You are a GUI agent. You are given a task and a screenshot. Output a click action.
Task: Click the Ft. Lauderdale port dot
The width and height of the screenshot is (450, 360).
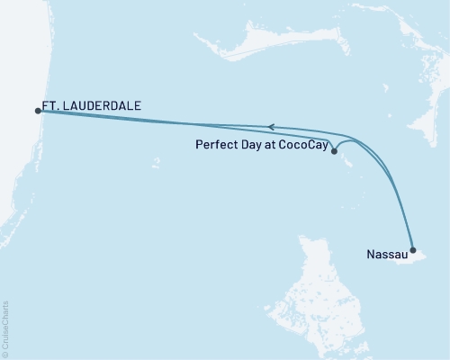[x=38, y=111]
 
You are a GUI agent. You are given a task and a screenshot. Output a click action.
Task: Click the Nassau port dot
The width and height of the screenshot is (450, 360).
[x=412, y=250]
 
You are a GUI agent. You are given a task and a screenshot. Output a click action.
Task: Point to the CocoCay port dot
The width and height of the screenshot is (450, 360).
[x=335, y=152]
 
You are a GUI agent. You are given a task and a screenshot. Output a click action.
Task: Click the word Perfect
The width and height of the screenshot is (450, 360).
[x=215, y=143]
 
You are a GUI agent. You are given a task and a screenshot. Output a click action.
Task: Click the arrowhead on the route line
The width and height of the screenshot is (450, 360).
[x=270, y=128]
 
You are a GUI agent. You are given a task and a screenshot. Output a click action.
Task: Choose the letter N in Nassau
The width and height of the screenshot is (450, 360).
[x=372, y=255]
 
